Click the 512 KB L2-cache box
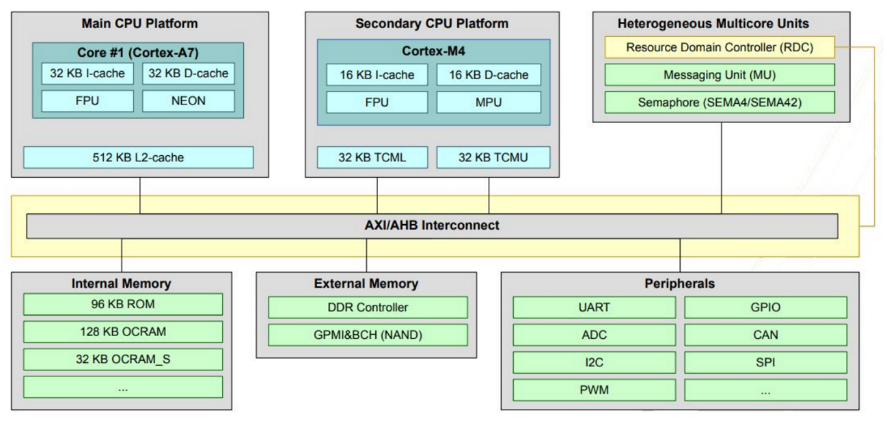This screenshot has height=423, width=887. coord(138,158)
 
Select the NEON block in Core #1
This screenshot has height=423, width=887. coord(188,101)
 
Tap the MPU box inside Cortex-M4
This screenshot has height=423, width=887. coord(489,103)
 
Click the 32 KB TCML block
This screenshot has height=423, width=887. coord(372,158)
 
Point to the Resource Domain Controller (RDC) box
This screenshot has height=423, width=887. coord(720,48)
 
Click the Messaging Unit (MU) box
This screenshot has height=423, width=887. coord(720,75)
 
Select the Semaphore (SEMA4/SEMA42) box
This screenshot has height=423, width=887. coord(720,103)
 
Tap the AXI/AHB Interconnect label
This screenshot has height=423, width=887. coord(431,226)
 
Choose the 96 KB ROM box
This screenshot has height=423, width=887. coord(123,304)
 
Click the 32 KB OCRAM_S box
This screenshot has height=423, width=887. coord(123,359)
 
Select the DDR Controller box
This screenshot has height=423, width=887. coord(368,308)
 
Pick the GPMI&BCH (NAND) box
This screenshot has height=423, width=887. coord(368,335)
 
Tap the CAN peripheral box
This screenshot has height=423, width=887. coord(765,335)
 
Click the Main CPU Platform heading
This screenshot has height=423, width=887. coord(139,24)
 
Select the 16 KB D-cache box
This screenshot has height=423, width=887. coord(489,74)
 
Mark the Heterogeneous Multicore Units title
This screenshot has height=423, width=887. coord(713,24)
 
